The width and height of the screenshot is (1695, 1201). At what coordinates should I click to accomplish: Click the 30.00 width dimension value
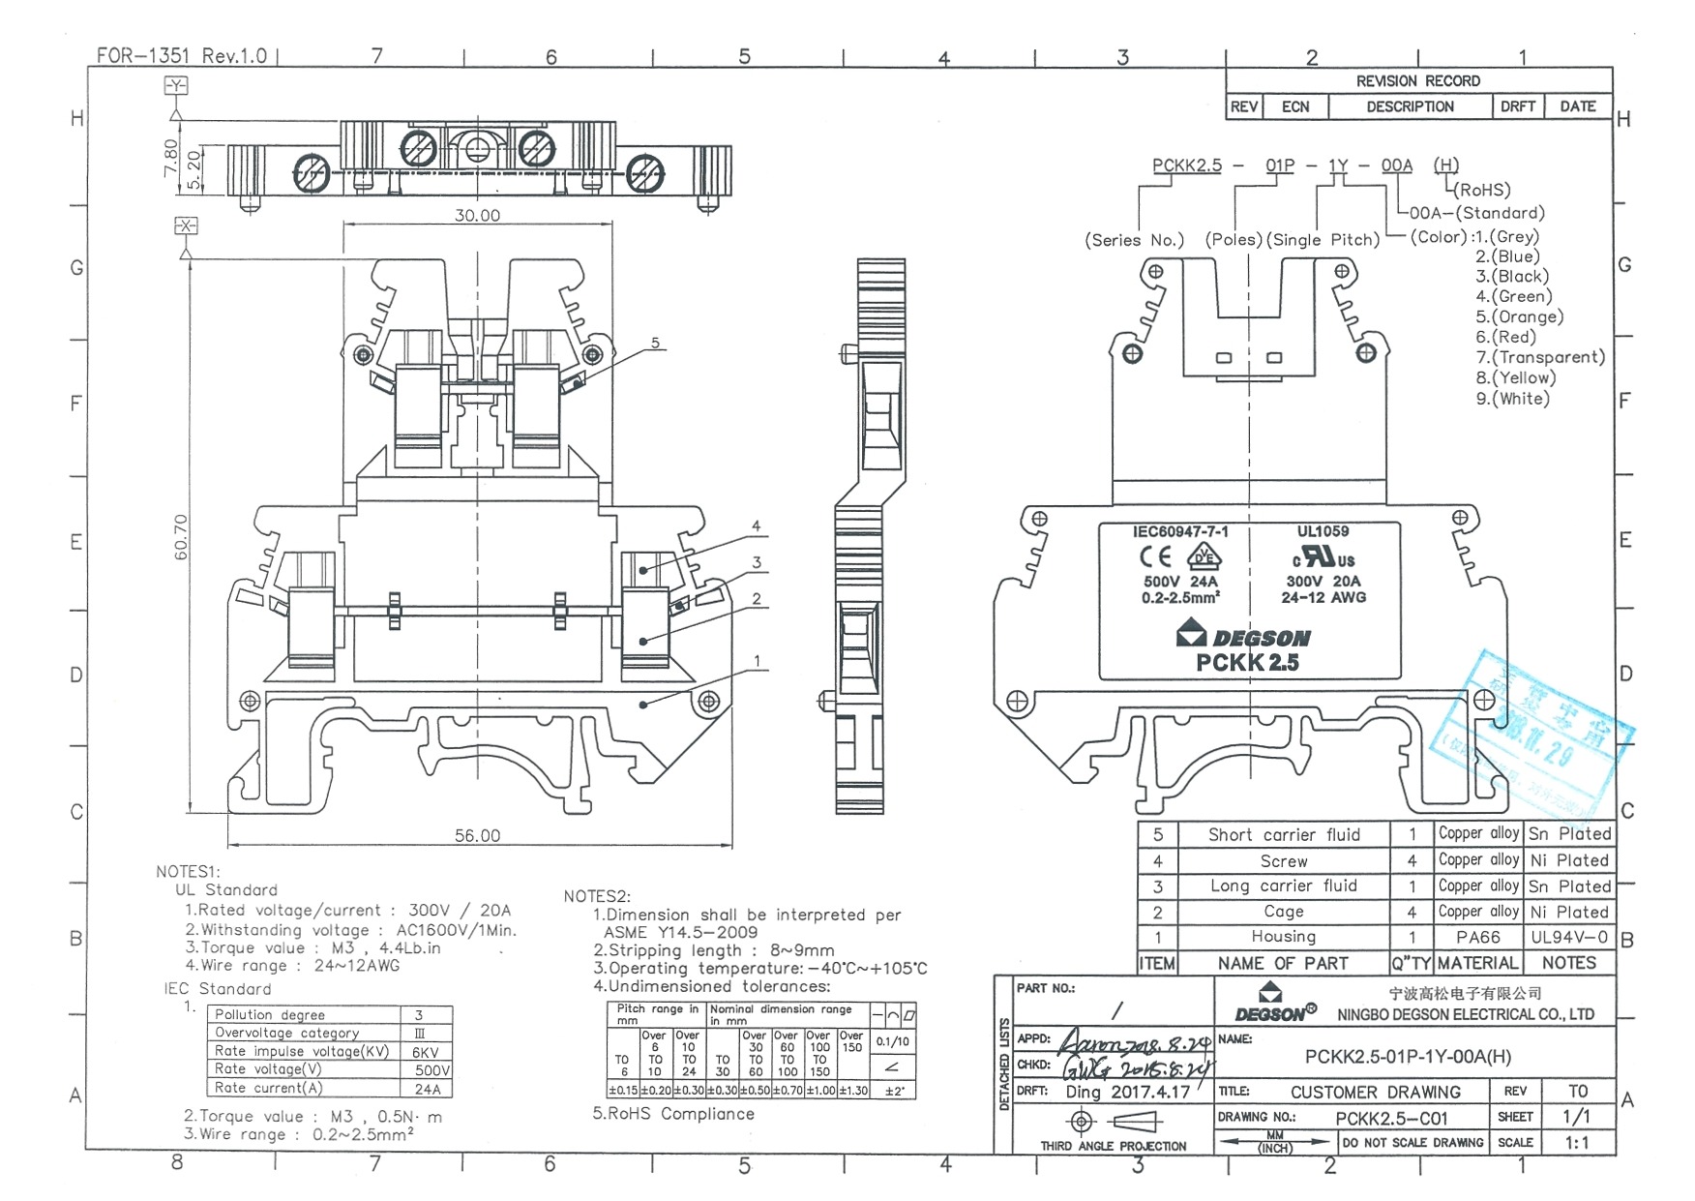pyautogui.click(x=477, y=215)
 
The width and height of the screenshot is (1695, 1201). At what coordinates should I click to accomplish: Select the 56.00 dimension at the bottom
pyautogui.click(x=477, y=835)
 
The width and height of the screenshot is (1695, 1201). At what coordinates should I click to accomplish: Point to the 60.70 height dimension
pyautogui.click(x=181, y=536)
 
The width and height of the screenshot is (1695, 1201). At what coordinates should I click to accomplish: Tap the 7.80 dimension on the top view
pyautogui.click(x=171, y=157)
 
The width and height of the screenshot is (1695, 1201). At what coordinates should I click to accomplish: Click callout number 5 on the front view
pyautogui.click(x=655, y=343)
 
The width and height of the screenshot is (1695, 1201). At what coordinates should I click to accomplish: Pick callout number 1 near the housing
pyautogui.click(x=757, y=662)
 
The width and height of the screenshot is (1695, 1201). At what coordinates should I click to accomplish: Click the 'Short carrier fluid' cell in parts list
pyautogui.click(x=1283, y=834)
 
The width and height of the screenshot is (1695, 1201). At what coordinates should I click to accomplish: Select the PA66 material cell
pyautogui.click(x=1477, y=937)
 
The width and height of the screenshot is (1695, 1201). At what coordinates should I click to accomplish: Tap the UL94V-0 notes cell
pyautogui.click(x=1568, y=937)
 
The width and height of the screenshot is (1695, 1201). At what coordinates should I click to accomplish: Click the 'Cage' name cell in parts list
pyautogui.click(x=1283, y=912)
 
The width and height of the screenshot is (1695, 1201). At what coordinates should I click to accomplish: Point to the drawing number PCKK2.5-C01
pyautogui.click(x=1391, y=1119)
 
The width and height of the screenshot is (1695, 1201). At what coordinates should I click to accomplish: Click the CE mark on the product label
pyautogui.click(x=1154, y=556)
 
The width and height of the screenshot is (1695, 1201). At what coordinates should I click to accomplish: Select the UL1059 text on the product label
pyautogui.click(x=1323, y=531)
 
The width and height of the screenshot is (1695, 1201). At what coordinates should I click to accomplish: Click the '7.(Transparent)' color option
pyautogui.click(x=1540, y=357)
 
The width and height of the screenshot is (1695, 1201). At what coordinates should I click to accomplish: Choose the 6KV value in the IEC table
pyautogui.click(x=426, y=1052)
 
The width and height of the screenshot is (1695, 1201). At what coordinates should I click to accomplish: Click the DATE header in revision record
pyautogui.click(x=1577, y=106)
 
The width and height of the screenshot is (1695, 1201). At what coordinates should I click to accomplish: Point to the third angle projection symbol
pyautogui.click(x=1113, y=1122)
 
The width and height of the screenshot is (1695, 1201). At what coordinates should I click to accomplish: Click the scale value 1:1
pyautogui.click(x=1576, y=1143)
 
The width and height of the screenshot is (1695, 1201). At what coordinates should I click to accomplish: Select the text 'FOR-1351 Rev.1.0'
pyautogui.click(x=182, y=55)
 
